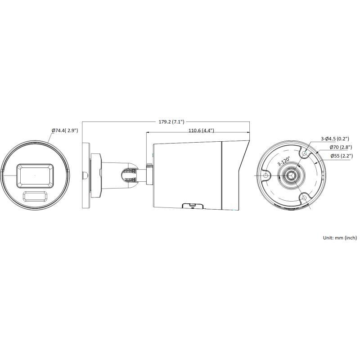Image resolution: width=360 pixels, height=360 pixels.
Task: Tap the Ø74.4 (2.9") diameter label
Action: tap(65, 130)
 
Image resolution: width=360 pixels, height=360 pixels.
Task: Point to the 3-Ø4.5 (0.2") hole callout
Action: tap(336, 139)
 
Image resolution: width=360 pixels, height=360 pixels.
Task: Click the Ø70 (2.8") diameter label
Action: tap(341, 147)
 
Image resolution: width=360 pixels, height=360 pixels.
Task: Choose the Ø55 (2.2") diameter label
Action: tap(341, 156)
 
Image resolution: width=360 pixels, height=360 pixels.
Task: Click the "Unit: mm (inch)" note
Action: tap(340, 237)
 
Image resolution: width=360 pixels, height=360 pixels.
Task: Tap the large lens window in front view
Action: tap(35, 175)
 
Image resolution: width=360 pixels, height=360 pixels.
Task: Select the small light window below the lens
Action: tap(35, 196)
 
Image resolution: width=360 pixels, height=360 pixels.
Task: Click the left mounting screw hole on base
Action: tap(266, 175)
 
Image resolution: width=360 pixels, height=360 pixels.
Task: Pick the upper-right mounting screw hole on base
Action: tap(305, 153)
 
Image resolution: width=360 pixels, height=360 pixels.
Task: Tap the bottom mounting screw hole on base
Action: tap(304, 198)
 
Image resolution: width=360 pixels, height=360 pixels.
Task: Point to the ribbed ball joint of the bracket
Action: tap(129, 175)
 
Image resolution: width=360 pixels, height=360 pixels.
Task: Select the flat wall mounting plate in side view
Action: tap(86, 175)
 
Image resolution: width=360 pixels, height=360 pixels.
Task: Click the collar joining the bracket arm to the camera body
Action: tap(149, 175)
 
